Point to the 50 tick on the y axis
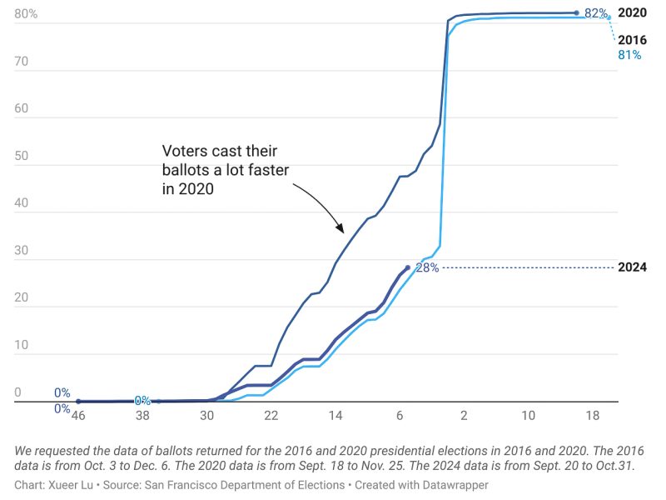pyautogui.click(x=21, y=156)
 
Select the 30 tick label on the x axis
pyautogui.click(x=206, y=415)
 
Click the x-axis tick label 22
pyautogui.click(x=271, y=415)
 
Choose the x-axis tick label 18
pyautogui.click(x=592, y=415)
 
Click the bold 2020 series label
pyautogui.click(x=632, y=13)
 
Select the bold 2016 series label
pyautogui.click(x=632, y=40)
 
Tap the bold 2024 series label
pyautogui.click(x=632, y=267)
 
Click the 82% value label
pyautogui.click(x=595, y=13)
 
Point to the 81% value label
pyautogui.click(x=629, y=55)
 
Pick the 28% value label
pyautogui.click(x=426, y=267)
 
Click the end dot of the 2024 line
pyautogui.click(x=407, y=267)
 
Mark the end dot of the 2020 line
pyautogui.click(x=577, y=12)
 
